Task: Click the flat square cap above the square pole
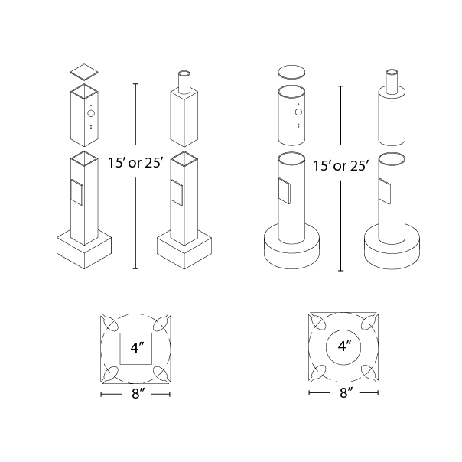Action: coord(84,72)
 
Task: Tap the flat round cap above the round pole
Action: coord(291,72)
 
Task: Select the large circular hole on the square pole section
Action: coord(91,113)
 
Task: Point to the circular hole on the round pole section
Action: coord(298,112)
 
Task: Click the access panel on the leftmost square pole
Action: coord(77,193)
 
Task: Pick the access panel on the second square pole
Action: coord(177,193)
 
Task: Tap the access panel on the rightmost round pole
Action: coord(385,191)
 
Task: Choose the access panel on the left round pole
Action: coord(285,191)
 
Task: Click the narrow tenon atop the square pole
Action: coord(184,82)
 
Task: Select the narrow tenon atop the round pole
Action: coord(392,82)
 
